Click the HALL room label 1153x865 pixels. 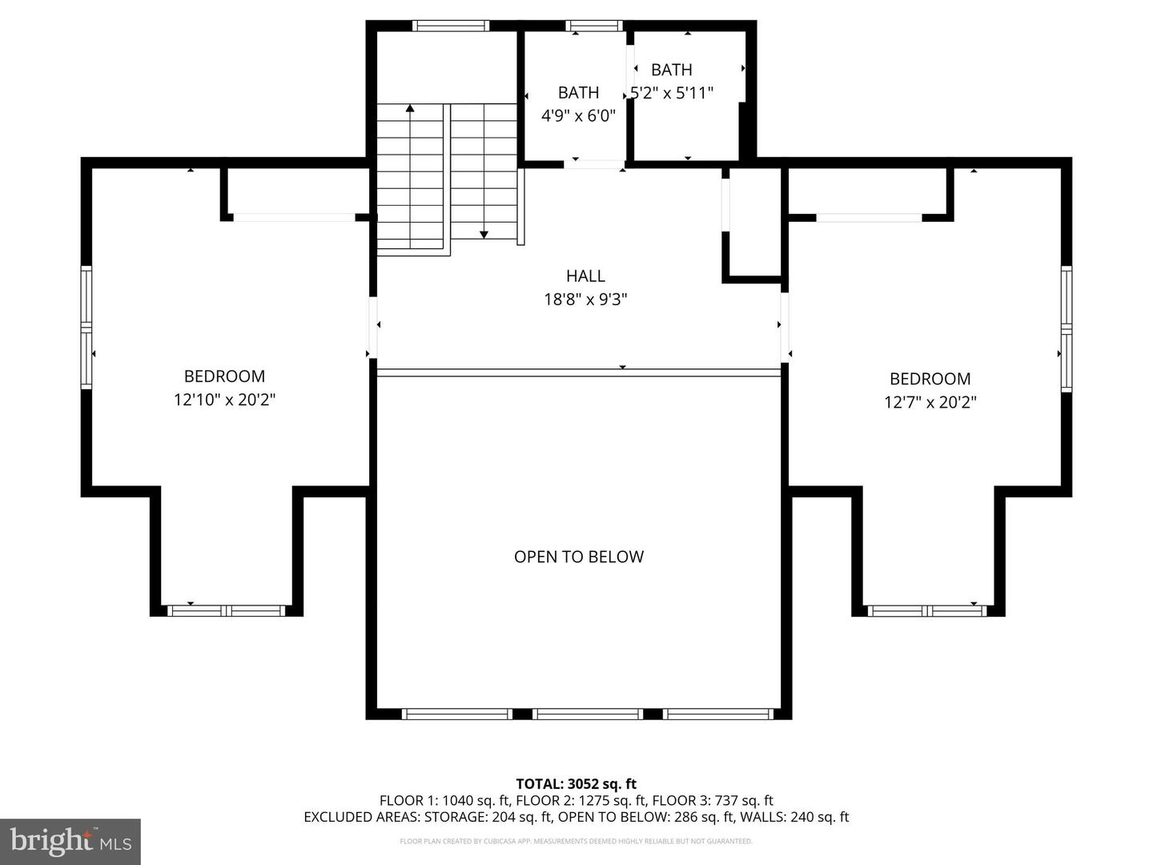click(x=585, y=276)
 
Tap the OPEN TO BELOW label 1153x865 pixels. click(x=578, y=557)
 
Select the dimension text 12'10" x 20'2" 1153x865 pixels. click(x=224, y=400)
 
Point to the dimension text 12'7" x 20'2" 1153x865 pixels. click(x=930, y=402)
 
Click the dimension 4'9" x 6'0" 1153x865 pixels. click(x=578, y=116)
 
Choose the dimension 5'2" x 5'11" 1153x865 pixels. click(x=672, y=93)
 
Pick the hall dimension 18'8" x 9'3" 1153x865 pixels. click(x=585, y=300)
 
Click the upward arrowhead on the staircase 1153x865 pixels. click(x=410, y=108)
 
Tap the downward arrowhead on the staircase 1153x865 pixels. click(x=484, y=234)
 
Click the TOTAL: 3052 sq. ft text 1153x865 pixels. click(x=576, y=783)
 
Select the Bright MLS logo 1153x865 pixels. click(x=70, y=841)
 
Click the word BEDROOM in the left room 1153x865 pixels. click(x=224, y=376)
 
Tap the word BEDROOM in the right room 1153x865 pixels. click(x=930, y=379)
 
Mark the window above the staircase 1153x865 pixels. click(x=450, y=26)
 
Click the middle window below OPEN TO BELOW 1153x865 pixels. click(x=588, y=714)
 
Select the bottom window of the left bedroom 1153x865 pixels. click(x=227, y=610)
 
